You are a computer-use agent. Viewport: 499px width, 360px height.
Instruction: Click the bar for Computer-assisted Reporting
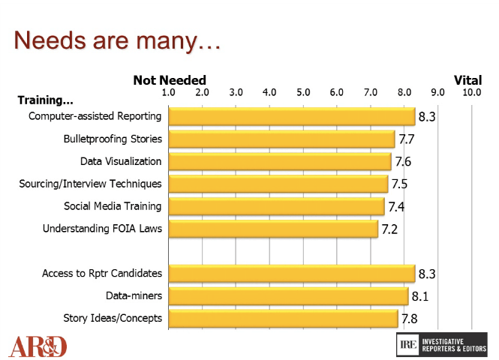pos(291,116)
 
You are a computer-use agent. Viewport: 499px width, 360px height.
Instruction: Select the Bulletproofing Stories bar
pos(281,139)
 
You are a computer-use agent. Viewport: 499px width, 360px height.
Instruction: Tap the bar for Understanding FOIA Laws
pos(273,228)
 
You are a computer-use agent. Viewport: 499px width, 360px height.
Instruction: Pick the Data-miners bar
pos(288,296)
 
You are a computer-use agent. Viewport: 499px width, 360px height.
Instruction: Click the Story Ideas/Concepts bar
pos(283,319)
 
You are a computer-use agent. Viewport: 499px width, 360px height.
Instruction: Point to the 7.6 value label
pos(403,162)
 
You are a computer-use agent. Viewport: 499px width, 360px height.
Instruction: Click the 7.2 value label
pos(389,229)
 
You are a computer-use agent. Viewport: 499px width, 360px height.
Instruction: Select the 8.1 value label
pos(419,298)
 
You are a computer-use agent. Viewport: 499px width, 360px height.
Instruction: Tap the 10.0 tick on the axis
pos(472,92)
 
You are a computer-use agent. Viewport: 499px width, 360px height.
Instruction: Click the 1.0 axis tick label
pos(169,92)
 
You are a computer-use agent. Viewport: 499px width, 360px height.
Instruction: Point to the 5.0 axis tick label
pos(303,92)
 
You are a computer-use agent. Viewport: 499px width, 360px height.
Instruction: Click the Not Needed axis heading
pos(170,80)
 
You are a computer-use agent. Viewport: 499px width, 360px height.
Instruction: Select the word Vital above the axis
pos(467,80)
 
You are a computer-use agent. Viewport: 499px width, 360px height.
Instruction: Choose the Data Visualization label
pos(121,160)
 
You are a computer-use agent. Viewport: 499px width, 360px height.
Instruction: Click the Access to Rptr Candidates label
pos(102,274)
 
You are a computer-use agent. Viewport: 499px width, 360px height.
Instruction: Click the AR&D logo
pos(38,346)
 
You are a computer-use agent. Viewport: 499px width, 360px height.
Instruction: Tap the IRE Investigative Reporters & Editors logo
pos(441,344)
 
